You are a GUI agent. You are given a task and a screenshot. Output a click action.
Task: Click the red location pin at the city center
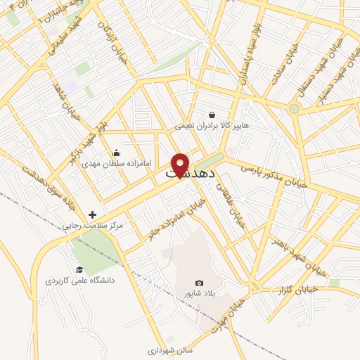[x=180, y=163]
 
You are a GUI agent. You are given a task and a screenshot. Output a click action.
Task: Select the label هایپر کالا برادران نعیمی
[x=212, y=127]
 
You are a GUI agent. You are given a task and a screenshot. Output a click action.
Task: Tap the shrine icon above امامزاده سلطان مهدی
[x=116, y=153]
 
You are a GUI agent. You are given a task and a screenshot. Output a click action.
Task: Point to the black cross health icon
[x=93, y=214]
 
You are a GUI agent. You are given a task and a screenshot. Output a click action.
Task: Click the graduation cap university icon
[x=79, y=270]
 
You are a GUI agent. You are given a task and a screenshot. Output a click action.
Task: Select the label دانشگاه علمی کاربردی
[x=75, y=280]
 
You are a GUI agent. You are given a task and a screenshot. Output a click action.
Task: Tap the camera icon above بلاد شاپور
[x=198, y=283]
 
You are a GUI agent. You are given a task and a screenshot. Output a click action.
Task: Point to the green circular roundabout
[x=294, y=108]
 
